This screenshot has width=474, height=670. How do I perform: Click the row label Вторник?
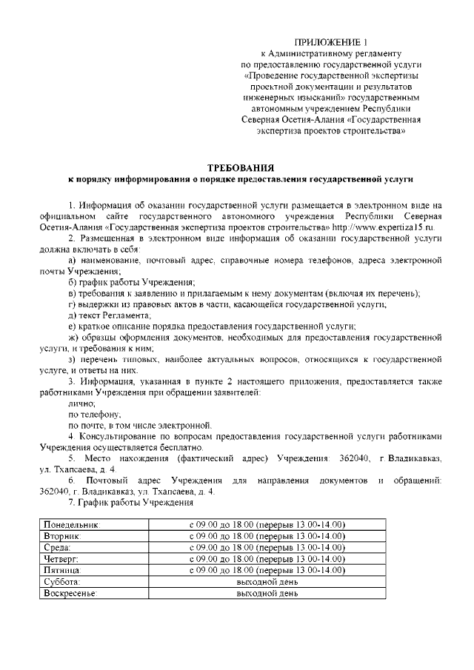[x=62, y=536]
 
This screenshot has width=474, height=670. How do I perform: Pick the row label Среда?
[x=58, y=548]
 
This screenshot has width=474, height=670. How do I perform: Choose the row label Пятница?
[x=64, y=571]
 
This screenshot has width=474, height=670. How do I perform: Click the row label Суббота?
[x=62, y=582]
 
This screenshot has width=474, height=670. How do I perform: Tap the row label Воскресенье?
[x=70, y=594]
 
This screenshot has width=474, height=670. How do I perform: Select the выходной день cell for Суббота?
[x=267, y=582]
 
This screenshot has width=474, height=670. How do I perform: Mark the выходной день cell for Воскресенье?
[x=267, y=594]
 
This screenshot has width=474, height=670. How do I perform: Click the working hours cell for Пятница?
[x=267, y=571]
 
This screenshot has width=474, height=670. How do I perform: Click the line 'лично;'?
[x=81, y=403]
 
